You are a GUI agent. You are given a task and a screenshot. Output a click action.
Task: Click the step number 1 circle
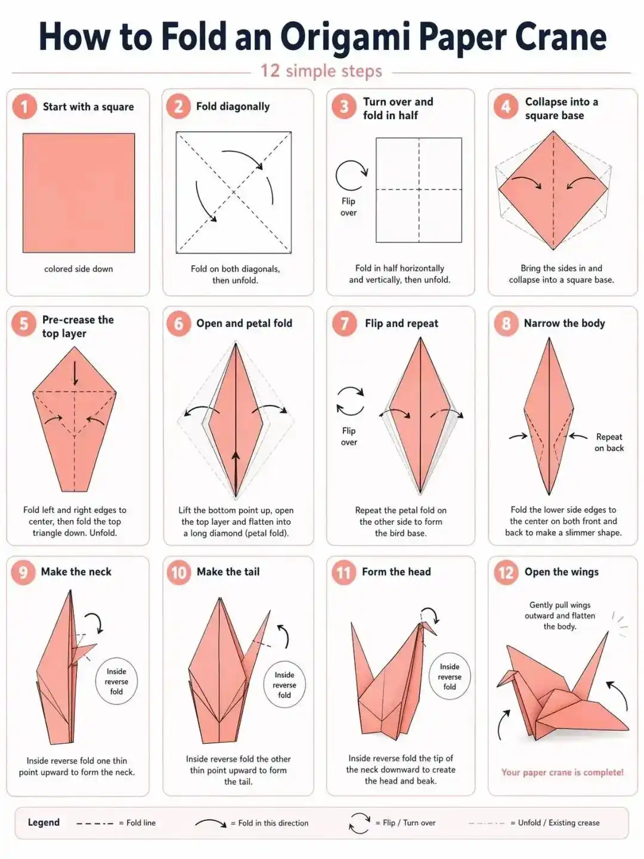(24, 107)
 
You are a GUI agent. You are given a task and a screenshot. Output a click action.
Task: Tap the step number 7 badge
(344, 323)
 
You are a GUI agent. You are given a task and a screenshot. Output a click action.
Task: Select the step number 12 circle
(506, 573)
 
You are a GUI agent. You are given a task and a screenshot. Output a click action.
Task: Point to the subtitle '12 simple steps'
(321, 71)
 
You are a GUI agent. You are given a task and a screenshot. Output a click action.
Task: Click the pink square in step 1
(79, 193)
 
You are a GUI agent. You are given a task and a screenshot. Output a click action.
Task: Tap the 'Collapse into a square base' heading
(561, 109)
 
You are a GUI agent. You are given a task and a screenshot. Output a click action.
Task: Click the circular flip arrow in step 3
(351, 175)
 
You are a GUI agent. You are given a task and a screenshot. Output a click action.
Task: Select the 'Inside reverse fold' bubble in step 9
(116, 681)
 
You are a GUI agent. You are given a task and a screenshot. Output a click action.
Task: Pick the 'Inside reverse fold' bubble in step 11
(450, 677)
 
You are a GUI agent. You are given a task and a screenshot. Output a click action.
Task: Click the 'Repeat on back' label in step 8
(609, 443)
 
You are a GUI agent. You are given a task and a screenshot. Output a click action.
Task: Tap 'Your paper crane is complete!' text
(562, 773)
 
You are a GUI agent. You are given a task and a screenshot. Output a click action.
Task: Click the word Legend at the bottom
(44, 823)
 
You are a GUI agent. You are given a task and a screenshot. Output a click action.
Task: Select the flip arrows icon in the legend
(360, 823)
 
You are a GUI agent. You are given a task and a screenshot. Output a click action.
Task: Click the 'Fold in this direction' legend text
(273, 823)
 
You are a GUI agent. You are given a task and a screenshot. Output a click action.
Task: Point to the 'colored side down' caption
(79, 269)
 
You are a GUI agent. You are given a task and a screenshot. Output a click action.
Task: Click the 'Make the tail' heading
(228, 572)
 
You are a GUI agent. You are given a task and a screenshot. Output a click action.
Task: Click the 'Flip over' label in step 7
(349, 437)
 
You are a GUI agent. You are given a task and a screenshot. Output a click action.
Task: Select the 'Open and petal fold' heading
(244, 323)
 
